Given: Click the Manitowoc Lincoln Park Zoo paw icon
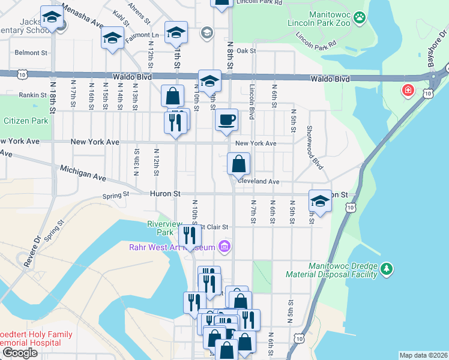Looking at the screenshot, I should (360, 17).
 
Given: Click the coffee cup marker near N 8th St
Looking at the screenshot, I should (226, 120).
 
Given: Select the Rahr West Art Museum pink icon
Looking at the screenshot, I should (224, 246).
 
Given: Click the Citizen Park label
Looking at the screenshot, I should (26, 121).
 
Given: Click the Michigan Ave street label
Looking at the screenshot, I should (83, 174).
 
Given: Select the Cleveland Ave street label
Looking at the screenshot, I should (259, 181).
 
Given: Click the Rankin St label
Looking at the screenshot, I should (32, 95).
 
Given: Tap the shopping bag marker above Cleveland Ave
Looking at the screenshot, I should (238, 163).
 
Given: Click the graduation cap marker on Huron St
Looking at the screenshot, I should (320, 201).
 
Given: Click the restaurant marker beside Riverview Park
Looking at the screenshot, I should (189, 235).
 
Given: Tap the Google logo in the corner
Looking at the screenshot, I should (20, 353).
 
